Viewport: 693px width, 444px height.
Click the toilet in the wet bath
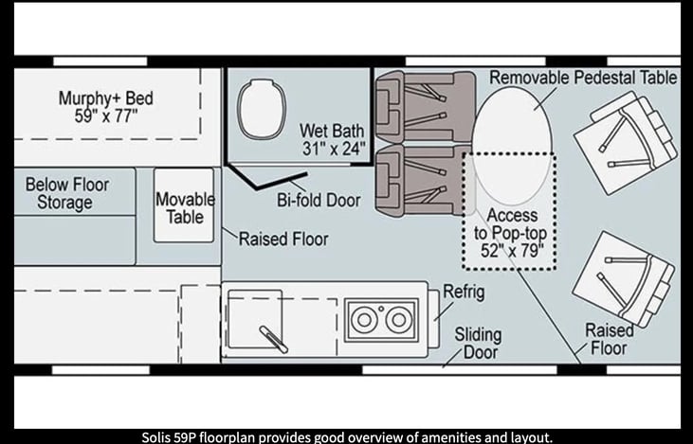point(262,109)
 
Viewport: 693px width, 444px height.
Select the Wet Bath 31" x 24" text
point(334,139)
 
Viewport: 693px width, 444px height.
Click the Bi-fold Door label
point(319,200)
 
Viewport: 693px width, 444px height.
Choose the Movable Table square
point(184,205)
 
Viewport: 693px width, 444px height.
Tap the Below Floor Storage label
point(66,193)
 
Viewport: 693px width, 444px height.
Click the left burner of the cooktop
point(364,320)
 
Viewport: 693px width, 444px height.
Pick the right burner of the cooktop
point(398,320)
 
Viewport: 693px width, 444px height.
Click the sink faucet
point(274,340)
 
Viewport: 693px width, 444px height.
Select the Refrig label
point(464,292)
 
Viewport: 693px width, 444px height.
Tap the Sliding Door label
point(478,344)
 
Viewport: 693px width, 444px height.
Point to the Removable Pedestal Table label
point(583,78)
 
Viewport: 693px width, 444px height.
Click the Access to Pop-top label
point(510,233)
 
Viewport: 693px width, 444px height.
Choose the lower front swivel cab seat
point(624,279)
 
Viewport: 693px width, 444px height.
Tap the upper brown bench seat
point(425,107)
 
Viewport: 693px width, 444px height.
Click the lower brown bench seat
point(424,181)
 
